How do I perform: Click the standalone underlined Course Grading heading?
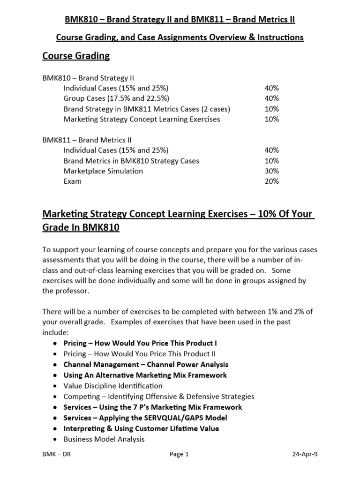(x=76, y=56)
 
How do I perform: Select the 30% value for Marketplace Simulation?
(x=271, y=171)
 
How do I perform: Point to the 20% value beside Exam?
(x=271, y=181)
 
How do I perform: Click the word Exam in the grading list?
(x=72, y=181)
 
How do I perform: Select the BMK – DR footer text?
(x=58, y=454)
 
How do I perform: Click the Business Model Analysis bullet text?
(x=104, y=439)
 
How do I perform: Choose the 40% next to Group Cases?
(x=271, y=98)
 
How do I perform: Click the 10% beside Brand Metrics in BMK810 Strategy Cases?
(x=271, y=161)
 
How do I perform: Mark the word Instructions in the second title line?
(x=280, y=37)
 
